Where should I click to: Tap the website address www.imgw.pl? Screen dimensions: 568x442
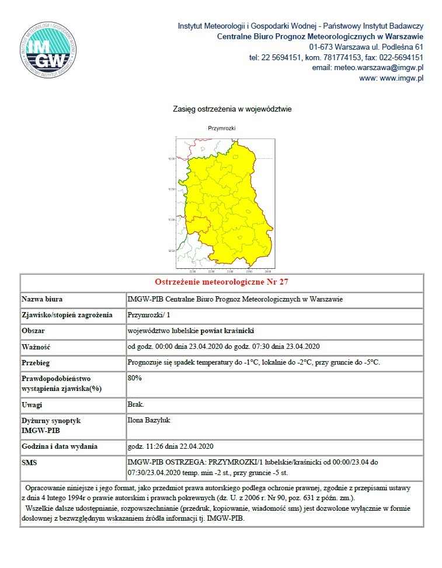point(401,78)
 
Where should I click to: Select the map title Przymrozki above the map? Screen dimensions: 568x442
point(221,128)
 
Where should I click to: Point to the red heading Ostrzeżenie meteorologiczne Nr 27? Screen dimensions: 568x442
point(221,282)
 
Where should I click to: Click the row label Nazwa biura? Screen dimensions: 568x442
point(42,299)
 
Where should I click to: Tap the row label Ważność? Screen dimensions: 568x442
point(36,345)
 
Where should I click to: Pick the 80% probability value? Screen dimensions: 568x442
point(134,377)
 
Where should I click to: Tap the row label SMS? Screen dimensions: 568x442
point(30,462)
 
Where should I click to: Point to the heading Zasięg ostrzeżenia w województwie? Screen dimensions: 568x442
point(232,109)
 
